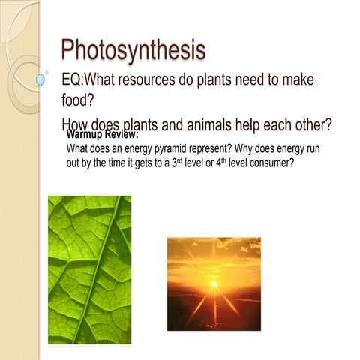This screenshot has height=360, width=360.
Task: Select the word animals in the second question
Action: [x=214, y=124]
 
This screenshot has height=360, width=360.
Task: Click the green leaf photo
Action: [x=89, y=268]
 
